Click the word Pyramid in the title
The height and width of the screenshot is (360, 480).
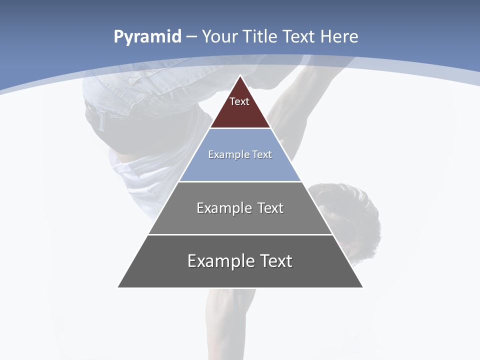coord(147,37)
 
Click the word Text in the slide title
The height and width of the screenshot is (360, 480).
coord(300,36)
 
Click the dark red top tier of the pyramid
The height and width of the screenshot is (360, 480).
coord(240,112)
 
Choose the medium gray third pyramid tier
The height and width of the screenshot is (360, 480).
coord(240,220)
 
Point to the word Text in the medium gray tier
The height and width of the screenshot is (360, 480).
coord(270,208)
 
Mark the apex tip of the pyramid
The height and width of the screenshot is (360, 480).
coord(240,76)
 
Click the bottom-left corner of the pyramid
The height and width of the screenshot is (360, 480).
coord(118,287)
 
